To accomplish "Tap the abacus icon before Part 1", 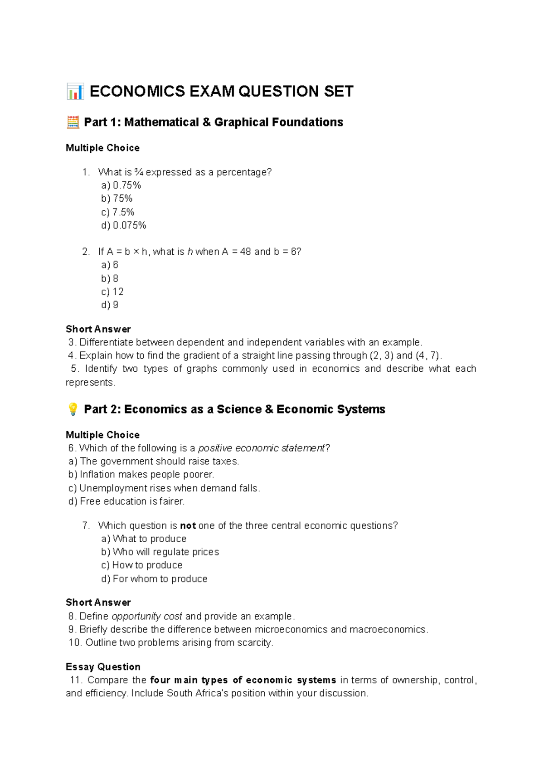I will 73,122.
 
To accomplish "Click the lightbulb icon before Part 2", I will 73,409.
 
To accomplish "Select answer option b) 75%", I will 117,199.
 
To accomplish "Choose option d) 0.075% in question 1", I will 124,225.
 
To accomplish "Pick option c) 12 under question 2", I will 112,292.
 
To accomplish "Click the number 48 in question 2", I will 245,252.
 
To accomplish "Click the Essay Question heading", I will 103,667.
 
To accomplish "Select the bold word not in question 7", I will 188,526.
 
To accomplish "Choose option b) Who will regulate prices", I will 160,552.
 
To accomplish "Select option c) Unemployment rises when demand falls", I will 164,488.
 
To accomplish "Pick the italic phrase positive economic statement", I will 262,448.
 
